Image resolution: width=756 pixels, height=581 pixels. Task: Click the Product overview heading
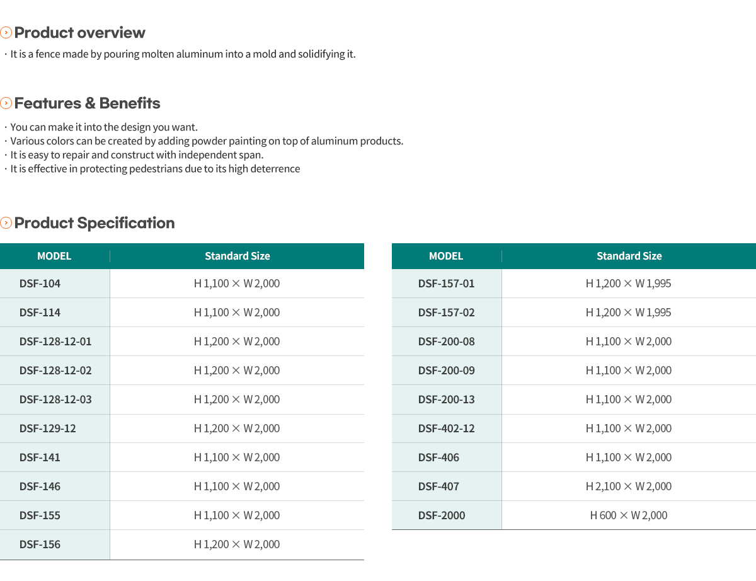tap(79, 33)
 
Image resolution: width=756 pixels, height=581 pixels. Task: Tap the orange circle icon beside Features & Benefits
tap(6, 103)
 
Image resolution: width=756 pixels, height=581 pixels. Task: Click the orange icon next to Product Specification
tap(6, 222)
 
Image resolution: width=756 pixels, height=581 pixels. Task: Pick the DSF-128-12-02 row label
tap(55, 371)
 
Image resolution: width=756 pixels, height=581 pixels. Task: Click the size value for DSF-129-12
tap(237, 429)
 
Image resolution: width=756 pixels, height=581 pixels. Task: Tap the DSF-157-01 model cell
tap(446, 284)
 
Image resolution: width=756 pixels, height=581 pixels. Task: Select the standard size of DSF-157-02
tap(628, 313)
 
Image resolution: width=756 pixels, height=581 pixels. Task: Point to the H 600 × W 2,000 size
tap(629, 515)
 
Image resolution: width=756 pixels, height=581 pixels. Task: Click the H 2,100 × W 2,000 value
tap(629, 486)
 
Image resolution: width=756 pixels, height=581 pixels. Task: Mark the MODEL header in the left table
tap(54, 256)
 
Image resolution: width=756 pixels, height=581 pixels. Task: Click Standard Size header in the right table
tap(629, 256)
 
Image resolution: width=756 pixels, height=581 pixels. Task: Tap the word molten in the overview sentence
tap(157, 54)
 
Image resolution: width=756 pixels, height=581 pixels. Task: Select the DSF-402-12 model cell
tap(447, 429)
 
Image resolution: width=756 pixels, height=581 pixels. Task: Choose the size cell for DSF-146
tap(237, 486)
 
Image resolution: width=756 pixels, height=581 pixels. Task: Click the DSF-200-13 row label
tap(447, 400)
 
